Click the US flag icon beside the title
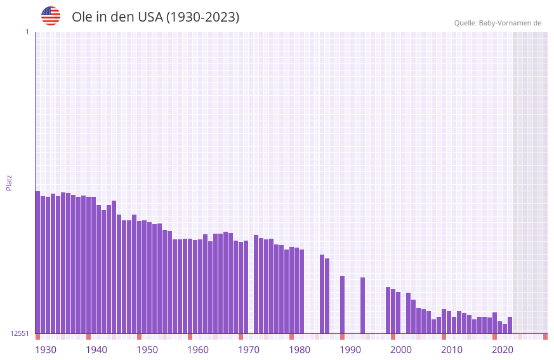click(x=51, y=16)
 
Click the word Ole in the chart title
click(x=82, y=17)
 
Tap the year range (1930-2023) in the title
click(x=202, y=17)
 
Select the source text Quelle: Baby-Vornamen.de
click(x=498, y=23)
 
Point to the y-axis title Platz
click(x=9, y=182)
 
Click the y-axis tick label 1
click(x=27, y=32)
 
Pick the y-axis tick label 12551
click(x=20, y=333)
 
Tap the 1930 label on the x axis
click(x=46, y=350)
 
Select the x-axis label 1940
click(x=96, y=350)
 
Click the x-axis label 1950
click(x=147, y=350)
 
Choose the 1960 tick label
click(x=198, y=350)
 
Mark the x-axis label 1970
click(x=249, y=350)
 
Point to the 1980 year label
click(x=300, y=350)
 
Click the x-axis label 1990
click(x=350, y=350)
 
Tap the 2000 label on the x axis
click(x=401, y=350)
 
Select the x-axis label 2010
click(x=452, y=350)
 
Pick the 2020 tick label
click(x=503, y=350)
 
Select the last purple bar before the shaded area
click(x=510, y=325)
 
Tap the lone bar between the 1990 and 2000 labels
click(x=362, y=305)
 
